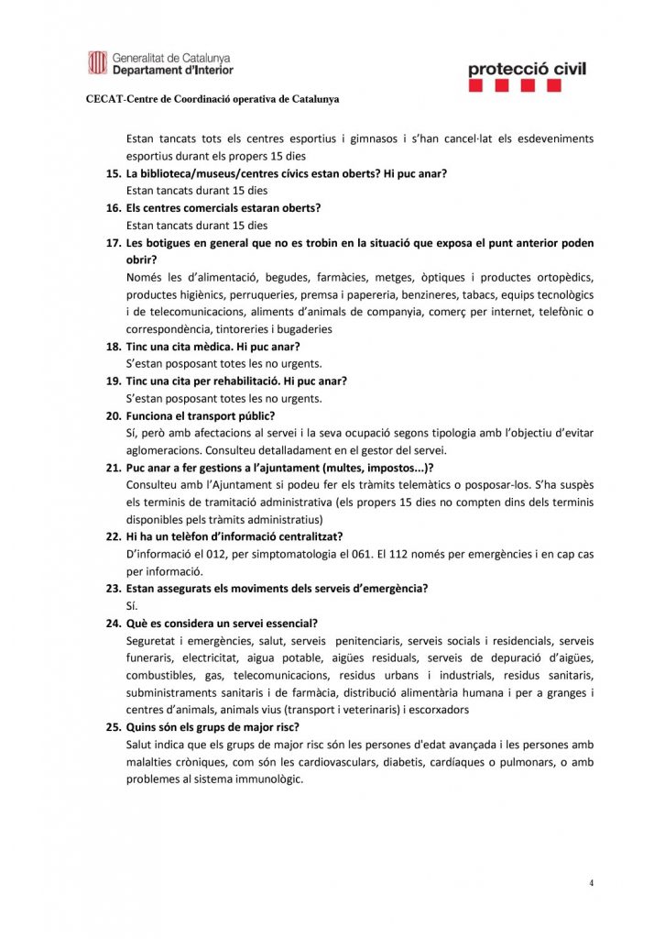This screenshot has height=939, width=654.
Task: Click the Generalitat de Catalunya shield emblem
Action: pos(97,62)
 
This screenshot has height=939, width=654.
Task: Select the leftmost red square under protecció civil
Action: pos(475,85)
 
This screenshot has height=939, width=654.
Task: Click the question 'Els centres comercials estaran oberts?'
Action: pos(223,208)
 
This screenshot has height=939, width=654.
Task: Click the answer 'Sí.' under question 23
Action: pos(131,605)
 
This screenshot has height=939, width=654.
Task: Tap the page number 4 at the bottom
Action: pos(591,883)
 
